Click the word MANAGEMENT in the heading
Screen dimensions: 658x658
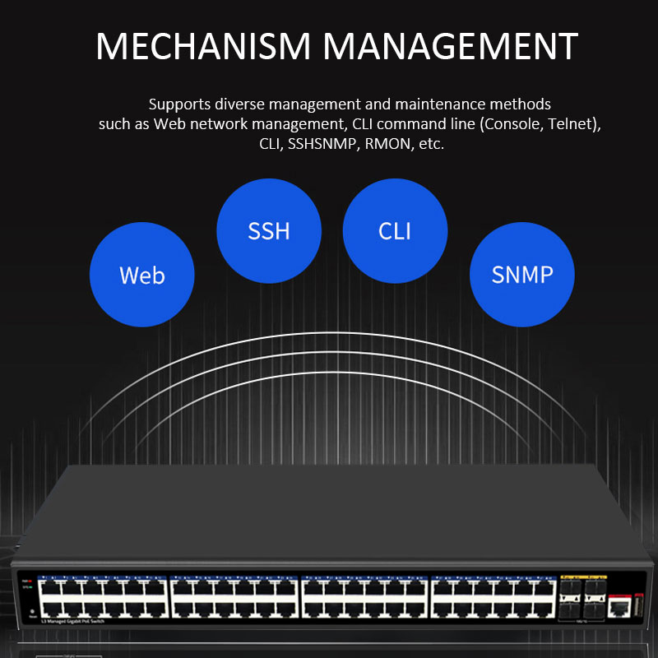pyautogui.click(x=450, y=47)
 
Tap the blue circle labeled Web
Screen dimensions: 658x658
pyautogui.click(x=141, y=274)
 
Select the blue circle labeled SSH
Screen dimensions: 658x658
pyautogui.click(x=269, y=230)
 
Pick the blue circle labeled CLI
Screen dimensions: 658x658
pyautogui.click(x=395, y=230)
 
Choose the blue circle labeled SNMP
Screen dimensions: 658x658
pyautogui.click(x=521, y=274)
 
